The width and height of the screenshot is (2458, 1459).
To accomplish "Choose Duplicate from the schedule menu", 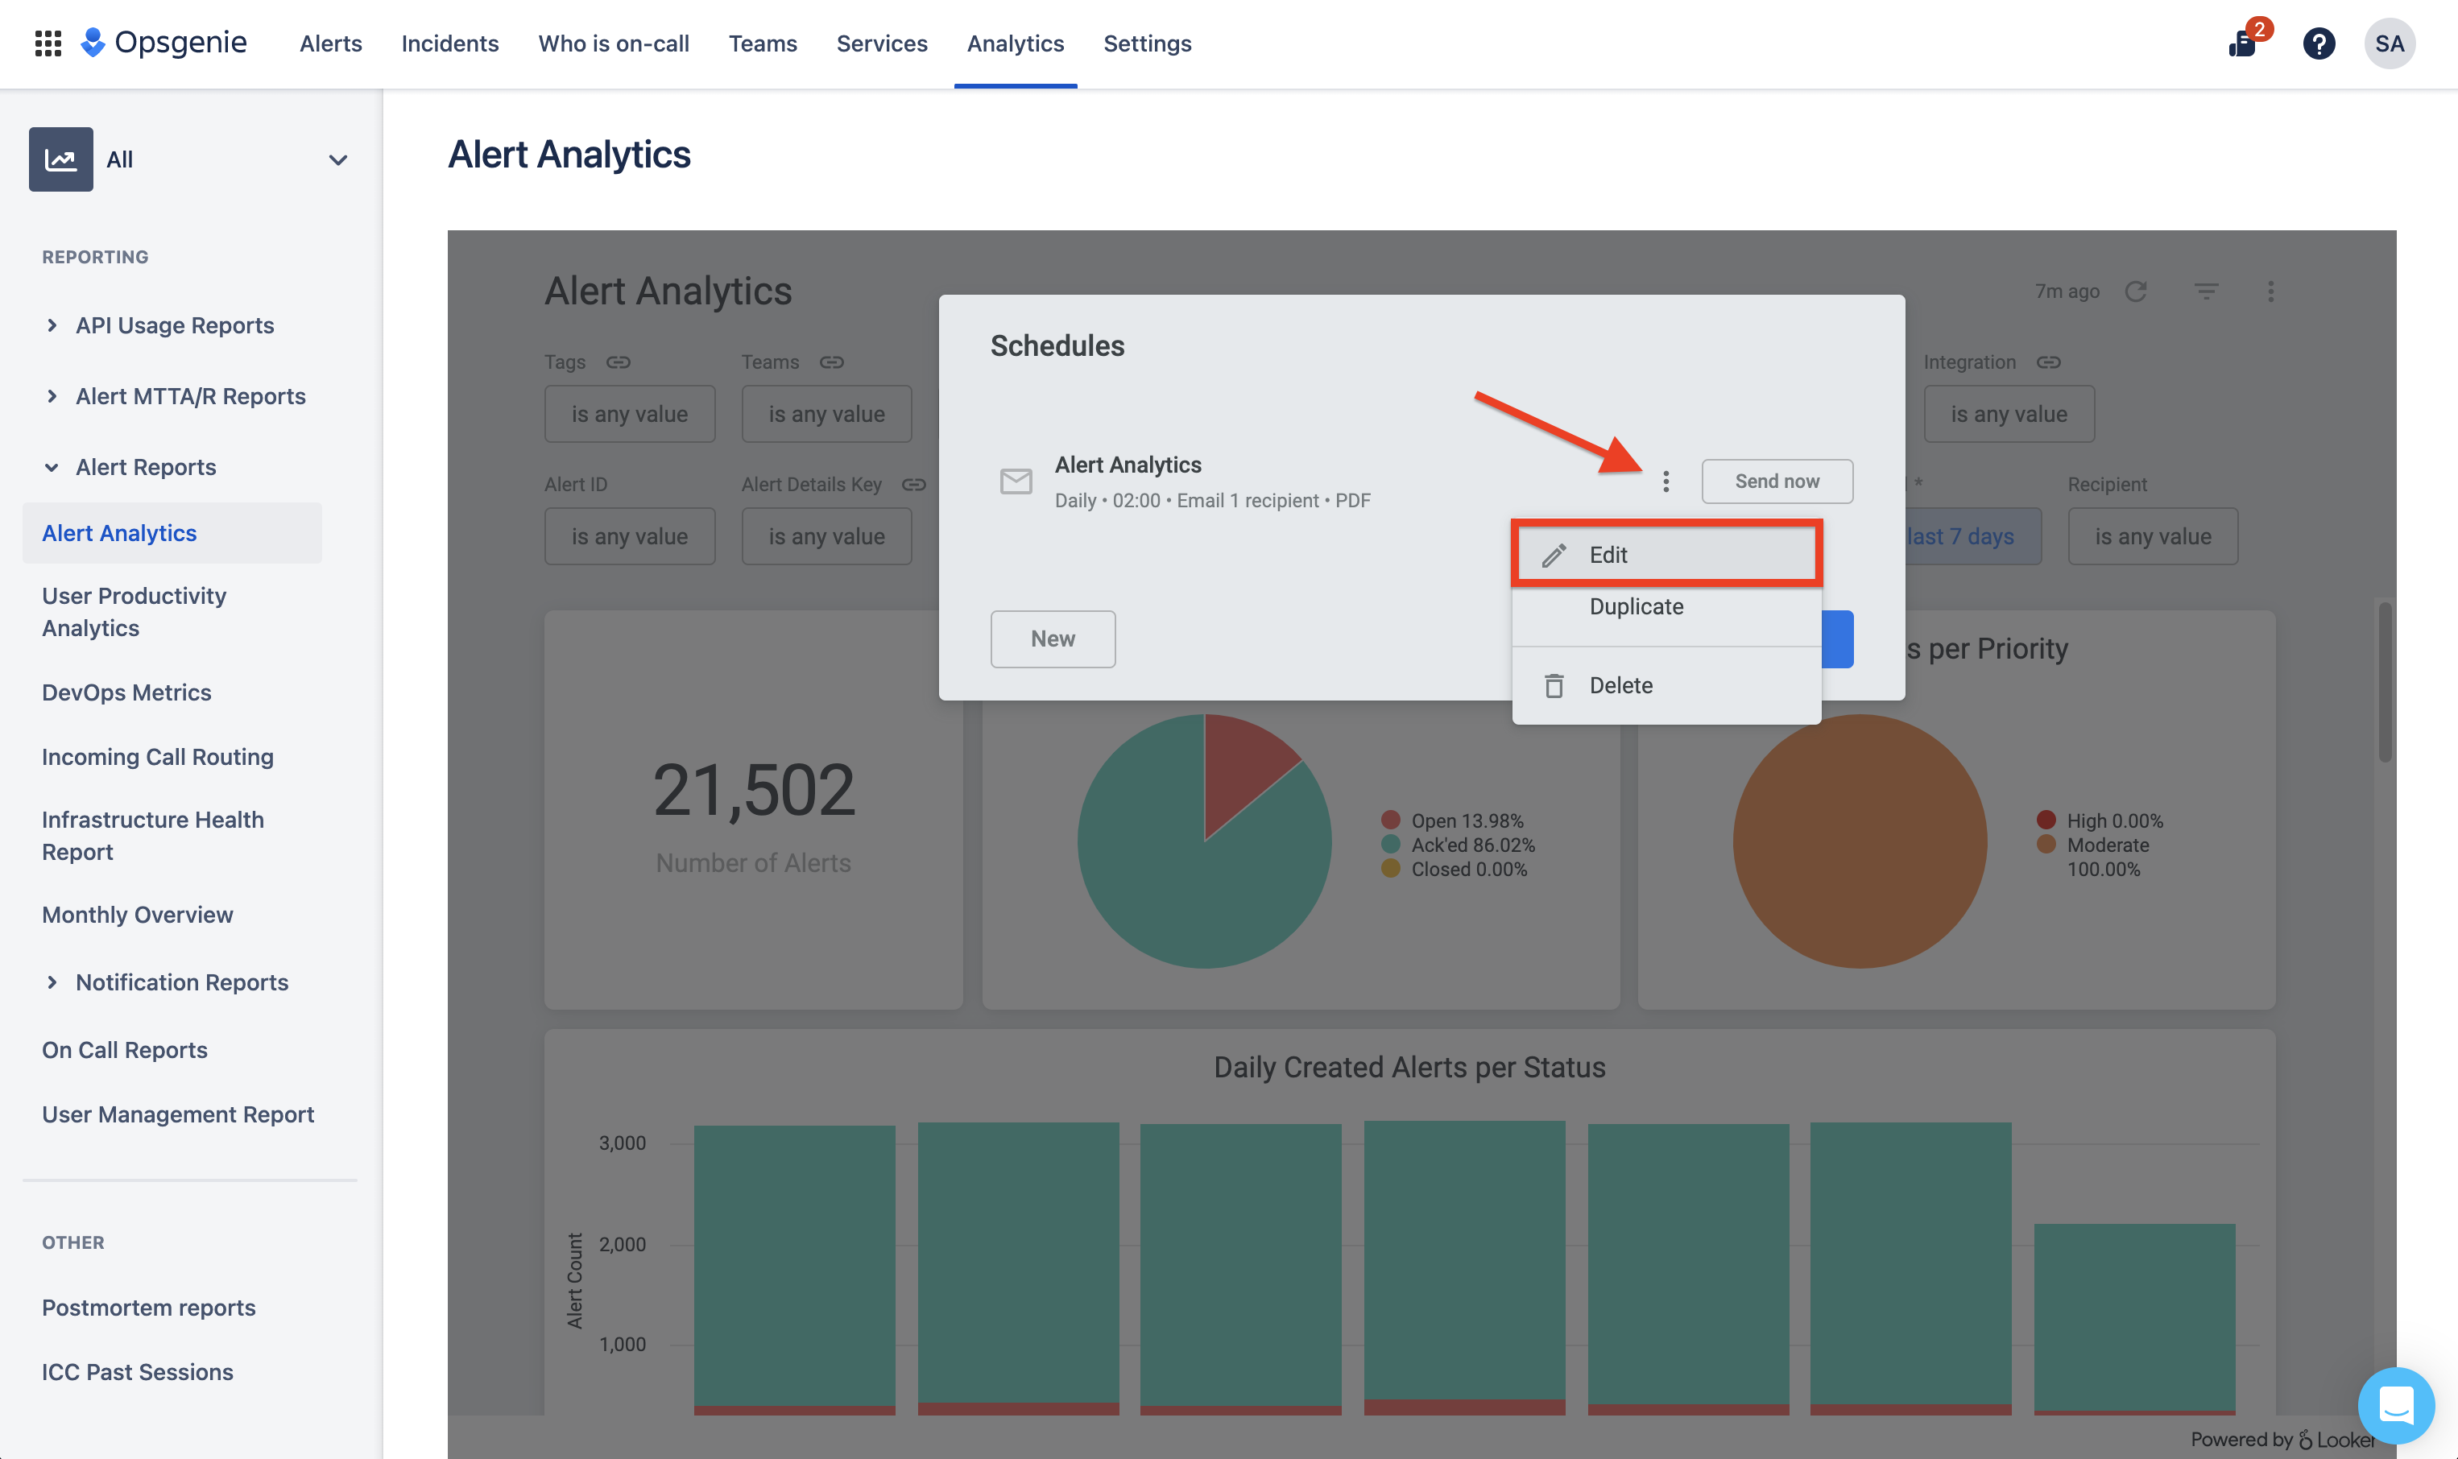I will point(1636,606).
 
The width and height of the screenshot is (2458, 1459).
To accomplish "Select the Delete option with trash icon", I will point(1620,685).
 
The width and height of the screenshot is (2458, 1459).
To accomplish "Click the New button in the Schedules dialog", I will point(1052,639).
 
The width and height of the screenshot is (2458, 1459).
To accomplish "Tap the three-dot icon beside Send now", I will point(1666,481).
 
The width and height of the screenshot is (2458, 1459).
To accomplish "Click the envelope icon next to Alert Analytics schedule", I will point(1016,481).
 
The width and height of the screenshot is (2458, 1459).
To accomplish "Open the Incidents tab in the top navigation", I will point(449,43).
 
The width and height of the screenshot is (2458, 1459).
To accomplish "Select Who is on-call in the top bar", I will point(614,43).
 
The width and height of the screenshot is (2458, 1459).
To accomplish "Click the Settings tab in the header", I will point(1146,43).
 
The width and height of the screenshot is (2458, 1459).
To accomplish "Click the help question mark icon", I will point(2319,43).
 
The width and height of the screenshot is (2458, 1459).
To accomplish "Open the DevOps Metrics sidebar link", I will point(126,692).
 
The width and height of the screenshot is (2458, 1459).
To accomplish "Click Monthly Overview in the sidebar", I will point(138,915).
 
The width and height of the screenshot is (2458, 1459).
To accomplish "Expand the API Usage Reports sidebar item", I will point(174,325).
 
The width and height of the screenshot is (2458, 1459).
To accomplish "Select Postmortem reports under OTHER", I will point(148,1308).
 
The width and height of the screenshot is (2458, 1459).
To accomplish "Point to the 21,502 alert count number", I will point(754,791).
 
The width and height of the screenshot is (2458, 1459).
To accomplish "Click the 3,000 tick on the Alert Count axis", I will point(623,1143).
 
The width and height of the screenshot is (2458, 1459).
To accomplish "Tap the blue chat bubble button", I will point(2396,1405).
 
